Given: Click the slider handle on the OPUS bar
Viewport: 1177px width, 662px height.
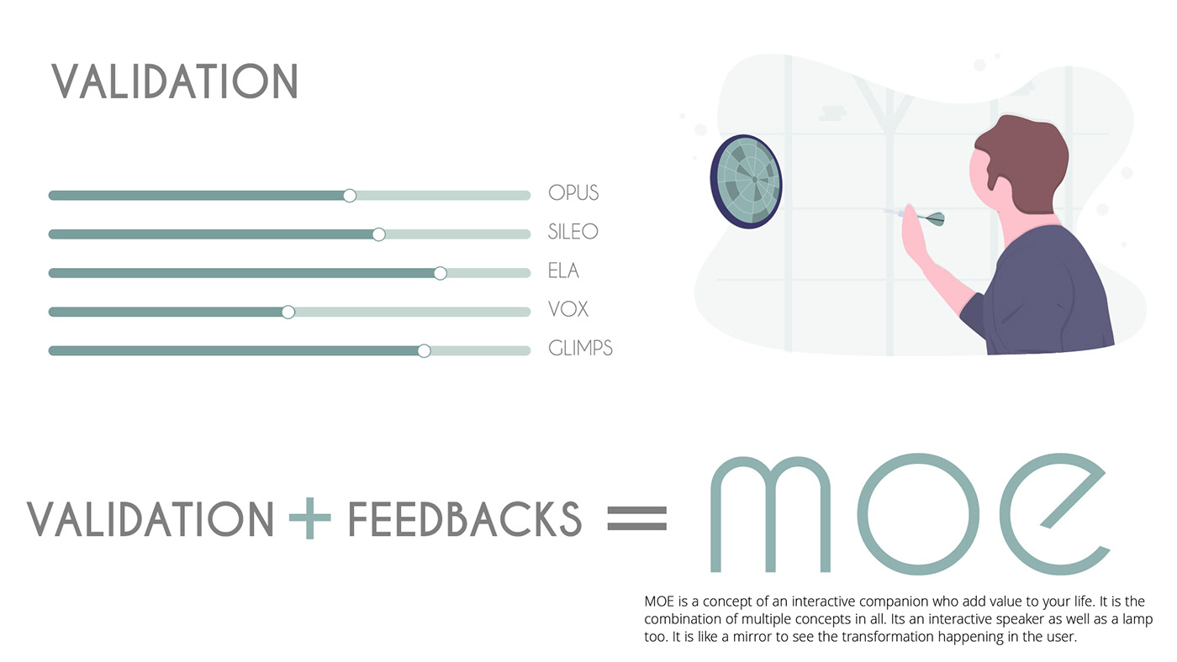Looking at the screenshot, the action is click(x=350, y=196).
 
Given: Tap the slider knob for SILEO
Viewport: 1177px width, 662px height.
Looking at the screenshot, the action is click(x=378, y=234).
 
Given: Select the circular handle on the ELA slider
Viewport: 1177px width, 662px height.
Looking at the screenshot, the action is click(x=441, y=273).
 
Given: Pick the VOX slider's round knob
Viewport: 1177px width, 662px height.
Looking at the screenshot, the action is click(x=288, y=313).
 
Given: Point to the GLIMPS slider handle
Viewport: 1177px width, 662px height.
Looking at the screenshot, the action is click(x=424, y=350).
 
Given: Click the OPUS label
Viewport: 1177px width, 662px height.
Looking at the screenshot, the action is click(x=573, y=192).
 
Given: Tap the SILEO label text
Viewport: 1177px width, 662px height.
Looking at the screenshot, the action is click(x=573, y=232).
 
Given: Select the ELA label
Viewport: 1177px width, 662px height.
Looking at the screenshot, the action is click(x=563, y=271).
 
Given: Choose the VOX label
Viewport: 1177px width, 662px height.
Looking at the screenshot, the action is click(x=568, y=309).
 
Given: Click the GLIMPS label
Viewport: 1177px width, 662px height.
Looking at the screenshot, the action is click(x=580, y=348).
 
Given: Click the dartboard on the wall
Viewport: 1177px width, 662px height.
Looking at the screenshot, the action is click(x=747, y=181).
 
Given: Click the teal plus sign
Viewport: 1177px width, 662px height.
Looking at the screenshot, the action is click(x=310, y=518).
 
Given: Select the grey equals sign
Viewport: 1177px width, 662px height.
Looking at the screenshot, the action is click(x=637, y=518).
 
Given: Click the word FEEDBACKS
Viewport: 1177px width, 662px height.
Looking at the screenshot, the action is click(x=465, y=519).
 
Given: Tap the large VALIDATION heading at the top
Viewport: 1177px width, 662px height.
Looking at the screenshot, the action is click(x=175, y=81).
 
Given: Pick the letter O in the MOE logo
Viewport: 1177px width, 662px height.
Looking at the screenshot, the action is click(x=918, y=514).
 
